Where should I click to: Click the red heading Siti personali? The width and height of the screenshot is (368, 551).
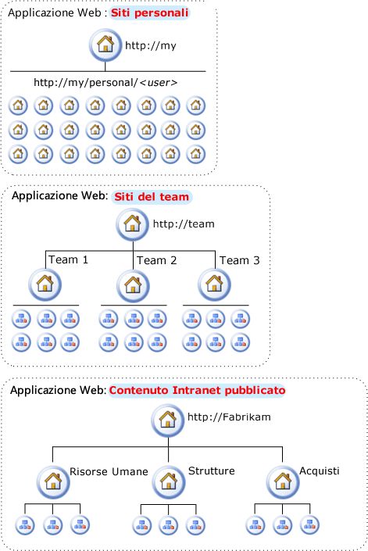[150, 13]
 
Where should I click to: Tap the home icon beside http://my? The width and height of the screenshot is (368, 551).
[105, 45]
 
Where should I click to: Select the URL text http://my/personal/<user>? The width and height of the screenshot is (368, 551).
[105, 83]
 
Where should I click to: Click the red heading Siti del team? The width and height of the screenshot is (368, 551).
[152, 197]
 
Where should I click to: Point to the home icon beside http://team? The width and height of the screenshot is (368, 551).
[133, 224]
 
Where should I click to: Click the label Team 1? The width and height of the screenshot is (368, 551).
[69, 259]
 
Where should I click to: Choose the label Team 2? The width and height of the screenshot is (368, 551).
[156, 260]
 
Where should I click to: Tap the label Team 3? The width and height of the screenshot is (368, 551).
[240, 260]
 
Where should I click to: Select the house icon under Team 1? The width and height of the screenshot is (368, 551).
[45, 284]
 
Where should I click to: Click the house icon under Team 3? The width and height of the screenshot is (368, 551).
[214, 284]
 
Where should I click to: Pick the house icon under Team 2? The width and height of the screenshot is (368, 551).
[133, 285]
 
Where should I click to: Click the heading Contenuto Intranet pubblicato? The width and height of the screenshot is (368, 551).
[197, 391]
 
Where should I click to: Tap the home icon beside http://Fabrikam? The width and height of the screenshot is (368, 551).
[168, 420]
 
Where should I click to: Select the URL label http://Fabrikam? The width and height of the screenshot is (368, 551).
[229, 417]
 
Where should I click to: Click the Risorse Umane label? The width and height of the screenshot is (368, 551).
[109, 471]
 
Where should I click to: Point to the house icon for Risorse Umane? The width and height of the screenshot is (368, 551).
[53, 481]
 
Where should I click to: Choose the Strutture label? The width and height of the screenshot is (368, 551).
[212, 470]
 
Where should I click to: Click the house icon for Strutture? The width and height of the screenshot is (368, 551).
[169, 481]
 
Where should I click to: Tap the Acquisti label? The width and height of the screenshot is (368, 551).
[320, 471]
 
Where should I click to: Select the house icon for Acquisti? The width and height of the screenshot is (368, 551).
[283, 481]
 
